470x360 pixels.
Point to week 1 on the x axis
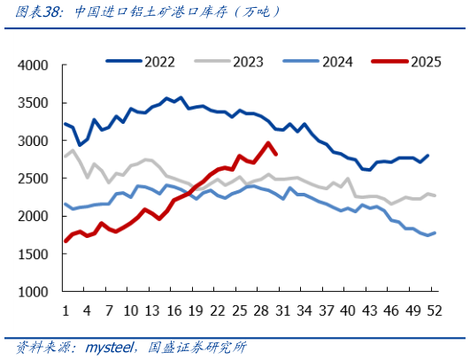coord(65,310)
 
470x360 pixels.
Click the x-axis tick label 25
coord(239,310)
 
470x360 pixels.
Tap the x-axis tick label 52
coord(435,310)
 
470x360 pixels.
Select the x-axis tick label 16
coord(173,310)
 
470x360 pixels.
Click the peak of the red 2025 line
coord(268,142)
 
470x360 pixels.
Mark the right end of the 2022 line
coord(428,156)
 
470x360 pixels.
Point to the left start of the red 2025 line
coord(65,241)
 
